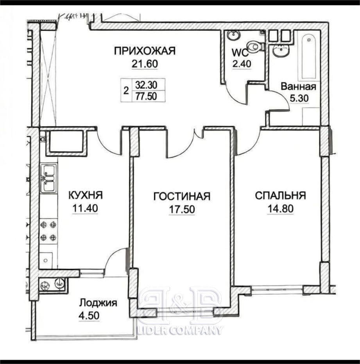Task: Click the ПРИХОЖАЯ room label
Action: click(145, 50)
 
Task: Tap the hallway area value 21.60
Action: click(145, 64)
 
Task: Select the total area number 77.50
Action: click(146, 96)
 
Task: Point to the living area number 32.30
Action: click(146, 85)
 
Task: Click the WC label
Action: click(240, 53)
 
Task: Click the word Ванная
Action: click(299, 86)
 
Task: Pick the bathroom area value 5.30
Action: click(299, 98)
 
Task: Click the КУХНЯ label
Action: click(86, 195)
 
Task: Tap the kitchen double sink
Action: click(48, 178)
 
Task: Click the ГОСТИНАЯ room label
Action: click(182, 196)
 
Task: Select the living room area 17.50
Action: click(182, 209)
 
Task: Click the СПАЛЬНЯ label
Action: click(280, 195)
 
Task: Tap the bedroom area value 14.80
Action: click(281, 208)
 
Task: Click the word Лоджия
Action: click(98, 303)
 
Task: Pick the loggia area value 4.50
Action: click(89, 316)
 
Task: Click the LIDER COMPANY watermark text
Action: click(180, 330)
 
